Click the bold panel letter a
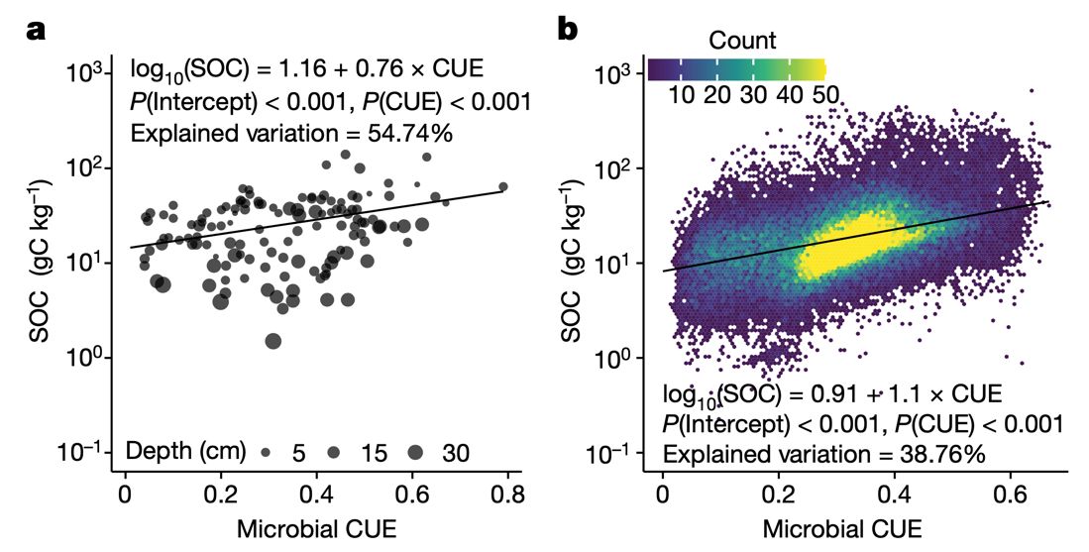[x=37, y=29]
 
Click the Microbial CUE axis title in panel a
[x=316, y=527]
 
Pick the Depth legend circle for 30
[x=414, y=452]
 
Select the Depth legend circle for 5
[x=267, y=452]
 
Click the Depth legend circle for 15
[x=335, y=452]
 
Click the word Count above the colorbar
[x=742, y=41]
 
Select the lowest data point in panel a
[x=272, y=341]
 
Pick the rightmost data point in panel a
[x=502, y=186]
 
